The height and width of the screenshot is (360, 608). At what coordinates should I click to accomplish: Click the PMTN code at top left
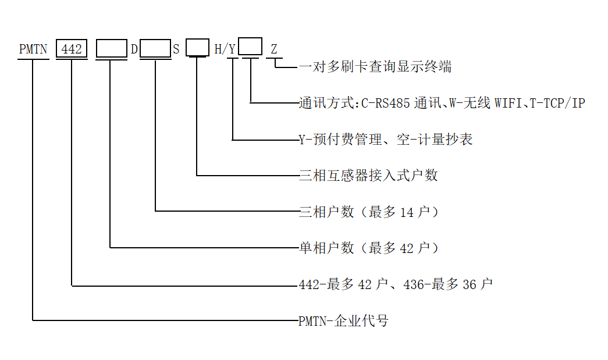(33, 49)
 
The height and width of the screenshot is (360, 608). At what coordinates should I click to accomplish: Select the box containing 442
(72, 49)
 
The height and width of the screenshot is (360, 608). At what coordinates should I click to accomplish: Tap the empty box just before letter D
(111, 48)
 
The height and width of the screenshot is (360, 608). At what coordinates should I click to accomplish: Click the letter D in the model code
(134, 49)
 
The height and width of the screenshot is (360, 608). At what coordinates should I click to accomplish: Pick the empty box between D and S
(155, 48)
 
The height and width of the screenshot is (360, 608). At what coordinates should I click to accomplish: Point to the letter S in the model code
(176, 49)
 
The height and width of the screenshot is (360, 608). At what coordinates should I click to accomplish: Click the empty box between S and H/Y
(197, 47)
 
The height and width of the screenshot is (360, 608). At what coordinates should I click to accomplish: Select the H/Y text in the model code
(225, 49)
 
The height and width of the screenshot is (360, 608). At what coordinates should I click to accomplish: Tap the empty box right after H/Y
(251, 46)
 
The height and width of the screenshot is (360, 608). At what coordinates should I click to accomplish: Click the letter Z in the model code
(273, 49)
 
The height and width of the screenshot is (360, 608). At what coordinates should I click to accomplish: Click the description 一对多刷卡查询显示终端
(375, 67)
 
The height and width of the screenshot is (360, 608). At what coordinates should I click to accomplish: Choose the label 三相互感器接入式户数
(368, 175)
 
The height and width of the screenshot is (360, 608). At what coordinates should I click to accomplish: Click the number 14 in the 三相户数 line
(407, 212)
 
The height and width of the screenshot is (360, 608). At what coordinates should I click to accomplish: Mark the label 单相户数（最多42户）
(369, 248)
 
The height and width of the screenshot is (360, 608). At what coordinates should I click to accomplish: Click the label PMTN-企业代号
(343, 320)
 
